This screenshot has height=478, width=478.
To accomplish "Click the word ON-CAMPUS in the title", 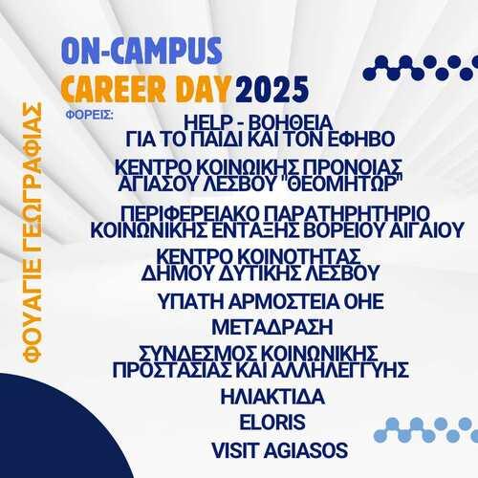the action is coord(141,51).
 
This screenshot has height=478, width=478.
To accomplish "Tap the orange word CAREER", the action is coord(113,89).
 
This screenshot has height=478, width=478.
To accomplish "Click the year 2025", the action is coord(272,89).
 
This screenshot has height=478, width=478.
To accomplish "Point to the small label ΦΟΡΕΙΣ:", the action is coord(90,115).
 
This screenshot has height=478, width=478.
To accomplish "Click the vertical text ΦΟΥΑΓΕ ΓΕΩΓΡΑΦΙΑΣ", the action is coord(33,233).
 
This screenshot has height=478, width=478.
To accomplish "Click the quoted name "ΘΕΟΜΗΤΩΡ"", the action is coord(343,184).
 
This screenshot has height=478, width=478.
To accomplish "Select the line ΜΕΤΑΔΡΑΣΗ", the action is coord(272,327).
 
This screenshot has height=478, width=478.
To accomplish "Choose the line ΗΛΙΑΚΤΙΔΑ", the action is coord(272,397).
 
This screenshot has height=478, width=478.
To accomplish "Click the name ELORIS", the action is coord(272,423).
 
